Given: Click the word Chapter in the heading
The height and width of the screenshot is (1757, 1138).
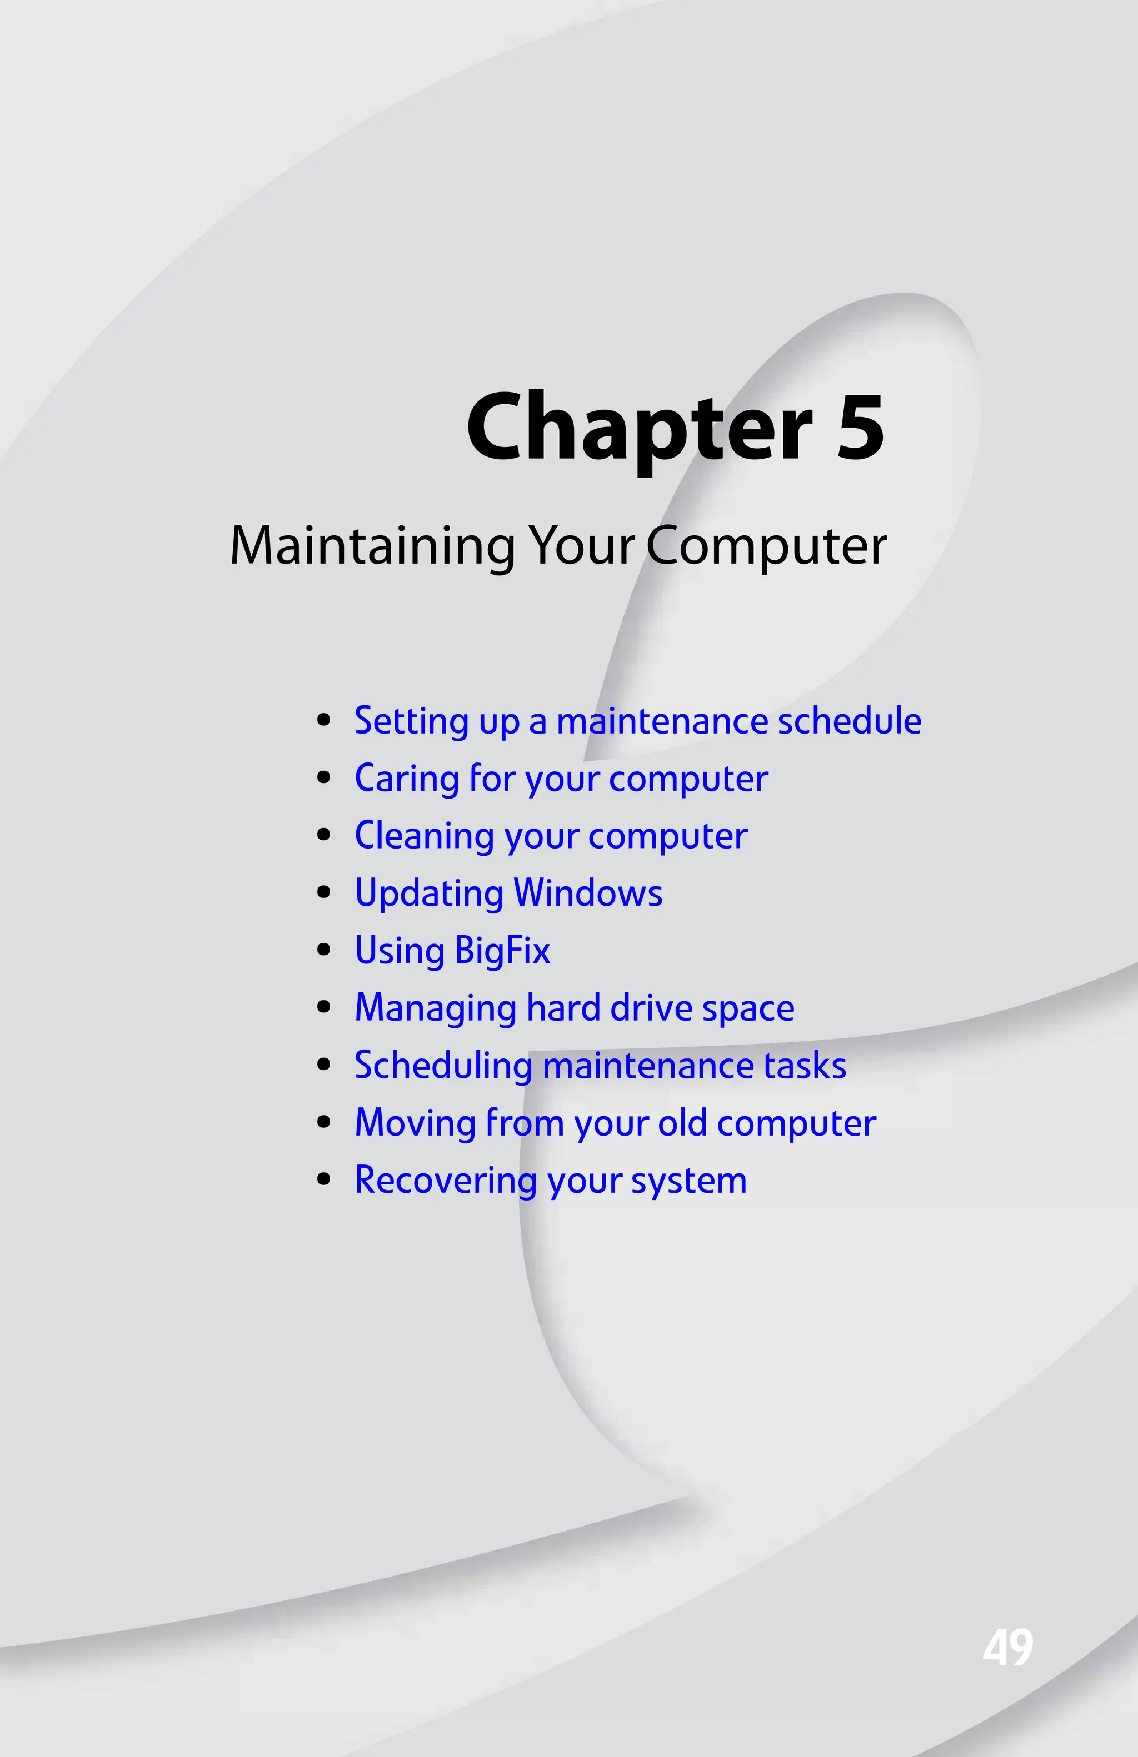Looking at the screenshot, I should coord(639,428).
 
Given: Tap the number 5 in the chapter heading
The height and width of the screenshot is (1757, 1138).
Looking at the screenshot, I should coord(860,428).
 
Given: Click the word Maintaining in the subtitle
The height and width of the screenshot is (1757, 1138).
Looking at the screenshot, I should coord(372,546).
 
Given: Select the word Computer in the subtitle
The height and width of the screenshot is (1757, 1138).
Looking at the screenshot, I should coord(767,546).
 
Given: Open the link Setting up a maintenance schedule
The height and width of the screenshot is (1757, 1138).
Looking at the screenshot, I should coord(637,721).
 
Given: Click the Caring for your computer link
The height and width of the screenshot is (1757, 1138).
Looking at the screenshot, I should coord(561,779).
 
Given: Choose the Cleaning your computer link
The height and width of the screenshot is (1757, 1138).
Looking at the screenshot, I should coord(551,836).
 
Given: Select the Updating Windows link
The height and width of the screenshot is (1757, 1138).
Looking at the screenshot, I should coord(508,893).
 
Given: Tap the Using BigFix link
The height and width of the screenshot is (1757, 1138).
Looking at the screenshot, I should coord(452,951).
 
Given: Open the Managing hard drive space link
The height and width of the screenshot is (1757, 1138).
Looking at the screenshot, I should coord(575,1008).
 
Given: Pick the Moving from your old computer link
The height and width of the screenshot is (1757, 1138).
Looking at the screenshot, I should coord(615,1123).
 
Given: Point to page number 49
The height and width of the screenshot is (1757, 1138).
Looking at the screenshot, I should coord(1007,1647).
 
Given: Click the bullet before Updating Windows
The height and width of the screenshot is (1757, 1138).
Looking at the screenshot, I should coord(323,893).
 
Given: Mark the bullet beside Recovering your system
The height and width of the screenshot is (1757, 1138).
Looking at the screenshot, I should coord(323,1179).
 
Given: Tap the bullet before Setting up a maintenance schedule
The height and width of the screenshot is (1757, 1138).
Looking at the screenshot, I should coord(323,721).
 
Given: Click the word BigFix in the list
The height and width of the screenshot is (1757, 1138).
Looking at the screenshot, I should coord(502,951).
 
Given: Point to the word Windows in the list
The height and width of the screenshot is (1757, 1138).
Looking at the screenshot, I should coord(588,893).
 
